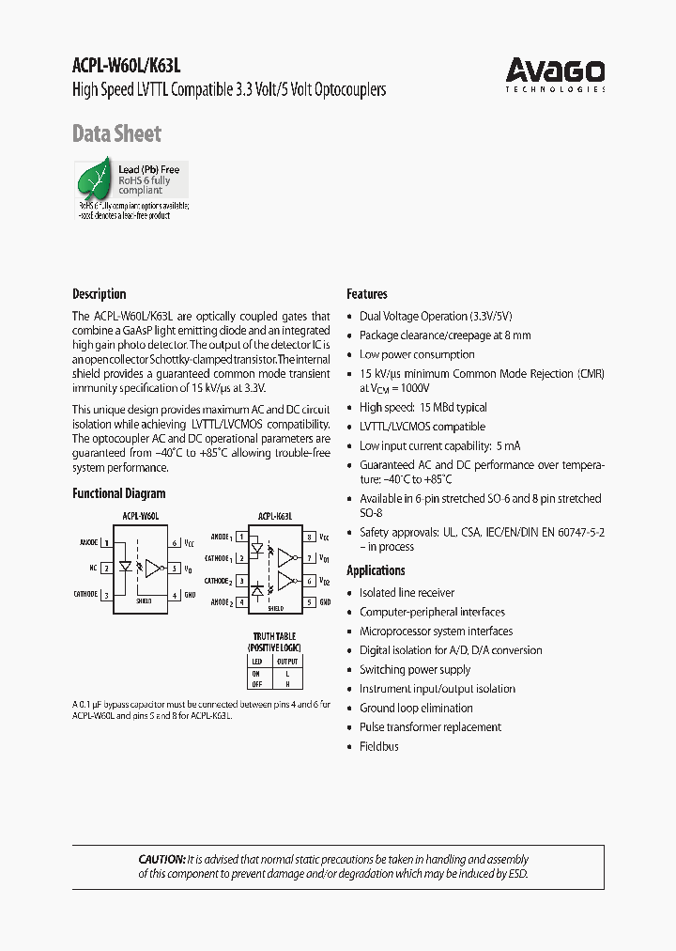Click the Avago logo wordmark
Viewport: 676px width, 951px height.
click(x=555, y=70)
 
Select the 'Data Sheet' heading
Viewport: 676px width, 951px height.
click(x=116, y=134)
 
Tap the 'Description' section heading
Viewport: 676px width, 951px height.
click(x=99, y=294)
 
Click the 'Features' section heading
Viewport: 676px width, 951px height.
click(x=367, y=294)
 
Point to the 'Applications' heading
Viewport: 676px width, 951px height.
click(x=376, y=570)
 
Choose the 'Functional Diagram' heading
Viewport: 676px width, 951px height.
click(x=119, y=493)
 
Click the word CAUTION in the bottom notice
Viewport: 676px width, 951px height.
click(x=161, y=859)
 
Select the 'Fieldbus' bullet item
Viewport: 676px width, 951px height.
click(x=378, y=746)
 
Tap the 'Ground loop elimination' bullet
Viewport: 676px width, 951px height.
click(x=416, y=708)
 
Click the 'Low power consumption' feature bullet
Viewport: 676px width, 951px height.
click(x=417, y=354)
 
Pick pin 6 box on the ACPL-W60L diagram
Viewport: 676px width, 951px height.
click(x=175, y=543)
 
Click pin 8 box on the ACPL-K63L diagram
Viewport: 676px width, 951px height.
click(x=309, y=538)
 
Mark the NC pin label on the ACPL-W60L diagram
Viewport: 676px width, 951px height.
click(x=93, y=568)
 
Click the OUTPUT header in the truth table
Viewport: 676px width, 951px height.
click(x=286, y=662)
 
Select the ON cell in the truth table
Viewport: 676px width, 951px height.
click(x=256, y=673)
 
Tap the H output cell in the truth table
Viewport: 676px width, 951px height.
click(x=286, y=683)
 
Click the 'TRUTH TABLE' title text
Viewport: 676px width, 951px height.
click(x=273, y=636)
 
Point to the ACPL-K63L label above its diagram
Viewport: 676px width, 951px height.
click(x=275, y=516)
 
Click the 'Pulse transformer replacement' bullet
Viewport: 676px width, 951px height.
click(x=430, y=727)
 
